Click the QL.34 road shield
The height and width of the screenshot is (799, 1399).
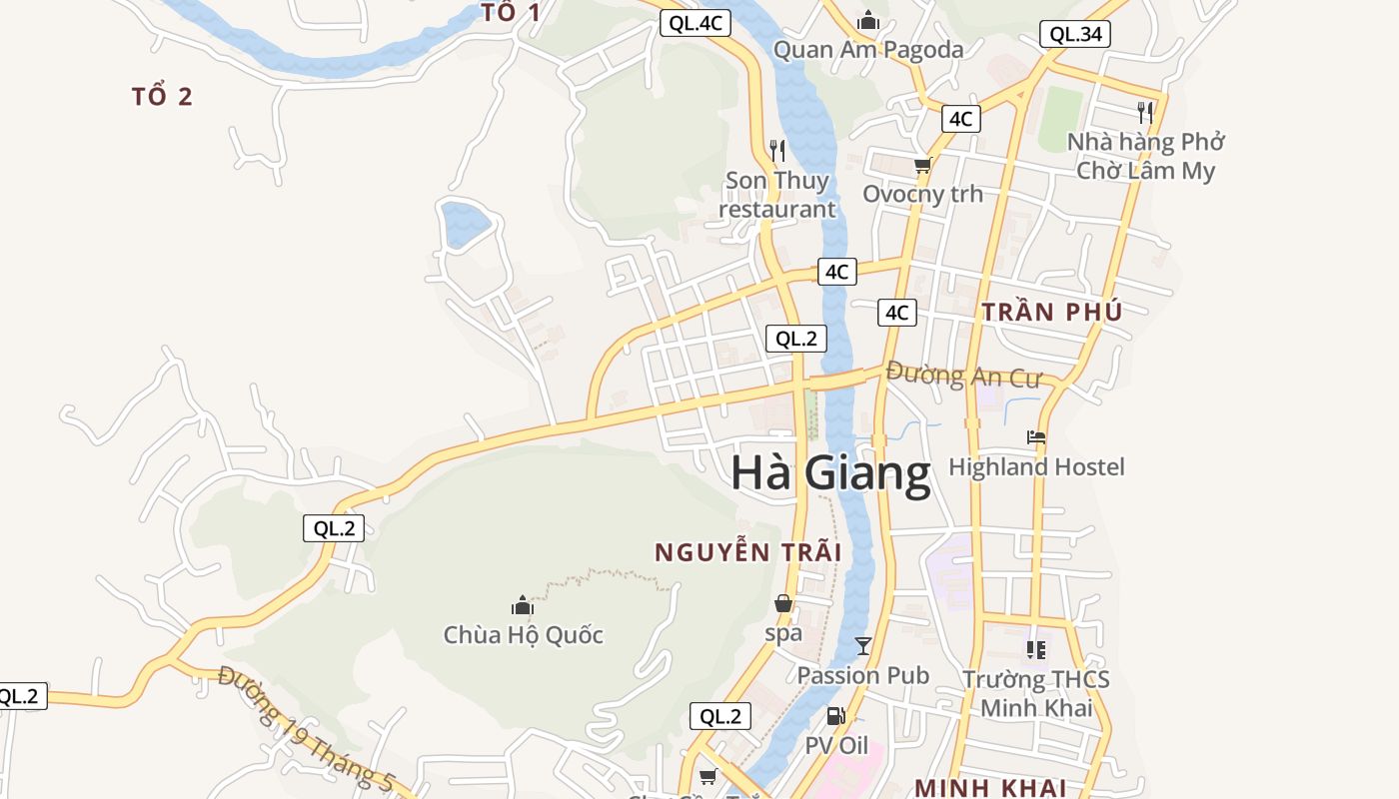tap(1074, 34)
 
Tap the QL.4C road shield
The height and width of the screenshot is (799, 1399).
tap(696, 23)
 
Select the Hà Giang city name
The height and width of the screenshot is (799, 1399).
tap(830, 472)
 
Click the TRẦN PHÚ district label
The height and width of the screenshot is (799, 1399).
tap(1051, 312)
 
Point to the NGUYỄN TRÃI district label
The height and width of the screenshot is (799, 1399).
tap(747, 552)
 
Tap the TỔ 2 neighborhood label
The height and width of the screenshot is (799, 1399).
tap(162, 97)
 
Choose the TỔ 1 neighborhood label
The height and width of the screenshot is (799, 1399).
tap(511, 13)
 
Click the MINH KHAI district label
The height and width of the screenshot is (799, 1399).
tap(989, 787)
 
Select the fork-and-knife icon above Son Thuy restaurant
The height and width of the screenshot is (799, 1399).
tap(777, 151)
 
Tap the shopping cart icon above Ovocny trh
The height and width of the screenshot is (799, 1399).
tap(922, 165)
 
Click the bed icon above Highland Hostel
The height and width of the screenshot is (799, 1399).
tap(1036, 437)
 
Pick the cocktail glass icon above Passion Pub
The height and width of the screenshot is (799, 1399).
tap(863, 646)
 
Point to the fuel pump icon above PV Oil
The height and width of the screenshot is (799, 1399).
tap(835, 716)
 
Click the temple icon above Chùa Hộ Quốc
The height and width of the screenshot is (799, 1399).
tap(523, 605)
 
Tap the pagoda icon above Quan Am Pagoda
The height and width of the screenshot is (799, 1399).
tap(868, 20)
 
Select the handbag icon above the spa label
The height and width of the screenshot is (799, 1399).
tap(783, 603)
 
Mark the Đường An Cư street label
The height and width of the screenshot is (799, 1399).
tap(963, 376)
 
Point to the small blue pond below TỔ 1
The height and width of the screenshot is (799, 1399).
tap(466, 223)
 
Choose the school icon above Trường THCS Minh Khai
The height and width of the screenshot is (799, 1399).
tap(1036, 650)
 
